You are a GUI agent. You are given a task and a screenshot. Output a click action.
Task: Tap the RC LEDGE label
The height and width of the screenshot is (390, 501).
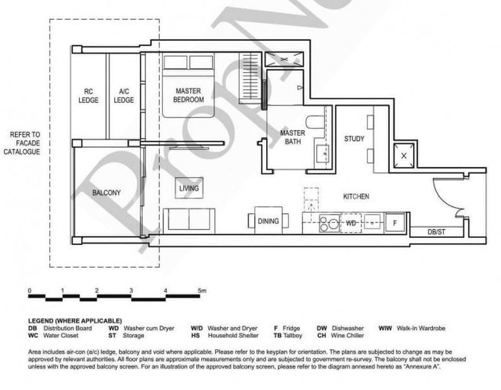[89, 96]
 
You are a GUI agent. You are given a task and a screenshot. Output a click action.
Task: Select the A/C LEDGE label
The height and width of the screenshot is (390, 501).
[124, 96]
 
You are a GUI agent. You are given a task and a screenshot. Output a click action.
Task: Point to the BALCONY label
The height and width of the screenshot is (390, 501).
[106, 193]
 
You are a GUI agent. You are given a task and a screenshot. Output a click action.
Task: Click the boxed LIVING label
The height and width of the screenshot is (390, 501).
[189, 188]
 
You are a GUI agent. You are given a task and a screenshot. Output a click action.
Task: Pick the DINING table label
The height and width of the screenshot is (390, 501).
[268, 221]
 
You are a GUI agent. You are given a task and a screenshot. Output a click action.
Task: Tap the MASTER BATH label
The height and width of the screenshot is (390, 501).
[292, 137]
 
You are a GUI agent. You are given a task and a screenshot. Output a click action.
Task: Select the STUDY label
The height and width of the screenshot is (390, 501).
[354, 138]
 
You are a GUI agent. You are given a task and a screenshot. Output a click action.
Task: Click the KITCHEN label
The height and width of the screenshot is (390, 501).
[356, 196]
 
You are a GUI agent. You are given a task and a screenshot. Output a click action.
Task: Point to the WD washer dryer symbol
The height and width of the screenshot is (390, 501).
[351, 222]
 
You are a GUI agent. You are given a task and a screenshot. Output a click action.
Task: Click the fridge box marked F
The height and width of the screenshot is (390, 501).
[394, 222]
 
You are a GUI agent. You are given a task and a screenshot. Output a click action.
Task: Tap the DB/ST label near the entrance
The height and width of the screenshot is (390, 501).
[437, 231]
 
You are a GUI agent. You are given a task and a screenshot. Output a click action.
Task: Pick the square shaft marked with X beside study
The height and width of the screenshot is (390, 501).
[404, 156]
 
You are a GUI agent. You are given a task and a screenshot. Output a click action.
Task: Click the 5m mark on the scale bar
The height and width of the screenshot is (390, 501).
[202, 291]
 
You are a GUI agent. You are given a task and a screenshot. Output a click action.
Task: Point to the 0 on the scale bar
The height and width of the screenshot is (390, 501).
[29, 291]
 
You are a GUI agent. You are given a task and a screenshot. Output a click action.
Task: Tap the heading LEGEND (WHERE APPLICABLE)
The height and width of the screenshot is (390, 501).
[75, 321]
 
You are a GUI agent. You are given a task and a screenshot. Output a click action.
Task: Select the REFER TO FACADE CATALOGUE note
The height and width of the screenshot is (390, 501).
[25, 143]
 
